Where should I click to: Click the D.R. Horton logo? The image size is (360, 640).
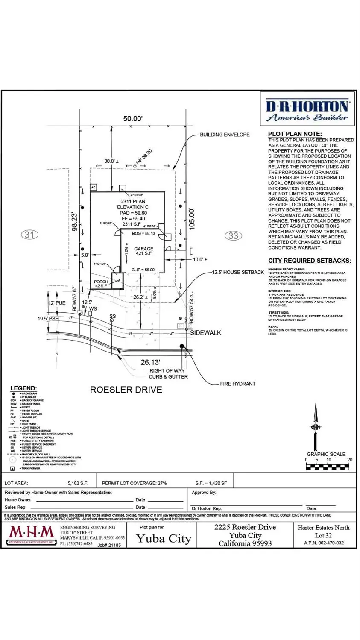pyautogui.click(x=307, y=110)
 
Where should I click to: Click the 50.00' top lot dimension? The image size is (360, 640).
pyautogui.click(x=133, y=119)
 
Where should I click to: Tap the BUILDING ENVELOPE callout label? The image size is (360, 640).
pyautogui.click(x=225, y=135)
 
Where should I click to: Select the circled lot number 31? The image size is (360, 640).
pyautogui.click(x=29, y=235)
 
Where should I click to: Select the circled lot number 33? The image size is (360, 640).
pyautogui.click(x=233, y=236)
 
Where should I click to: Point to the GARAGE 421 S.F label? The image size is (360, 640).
pyautogui.click(x=143, y=251)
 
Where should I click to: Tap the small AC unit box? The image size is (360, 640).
pyautogui.click(x=94, y=188)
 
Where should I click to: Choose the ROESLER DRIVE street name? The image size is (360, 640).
pyautogui.click(x=126, y=390)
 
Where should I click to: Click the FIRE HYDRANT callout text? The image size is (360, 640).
pyautogui.click(x=237, y=384)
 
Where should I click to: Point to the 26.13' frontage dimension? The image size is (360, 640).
pyautogui.click(x=150, y=362)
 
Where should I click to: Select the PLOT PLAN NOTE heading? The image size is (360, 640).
pyautogui.click(x=295, y=134)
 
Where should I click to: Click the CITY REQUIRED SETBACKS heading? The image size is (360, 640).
pyautogui.click(x=310, y=261)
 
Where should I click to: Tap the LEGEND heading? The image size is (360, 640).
pyautogui.click(x=23, y=388)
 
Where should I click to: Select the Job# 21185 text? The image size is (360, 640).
pyautogui.click(x=109, y=545)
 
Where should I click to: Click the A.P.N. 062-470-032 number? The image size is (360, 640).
pyautogui.click(x=324, y=543)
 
